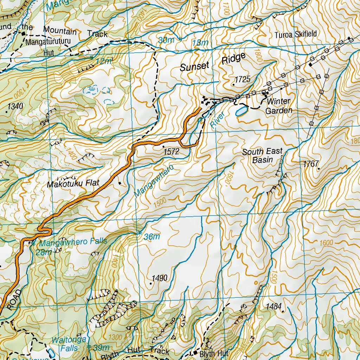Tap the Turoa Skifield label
296,34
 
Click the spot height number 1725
243,79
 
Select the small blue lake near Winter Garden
241,112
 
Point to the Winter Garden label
278,106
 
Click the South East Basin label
262,155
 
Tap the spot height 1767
311,163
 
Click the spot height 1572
172,152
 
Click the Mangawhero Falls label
73,243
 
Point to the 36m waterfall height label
152,237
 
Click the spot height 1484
274,306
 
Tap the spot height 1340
15,106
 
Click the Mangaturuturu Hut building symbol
24,34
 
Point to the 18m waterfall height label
200,43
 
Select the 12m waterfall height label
103,61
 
